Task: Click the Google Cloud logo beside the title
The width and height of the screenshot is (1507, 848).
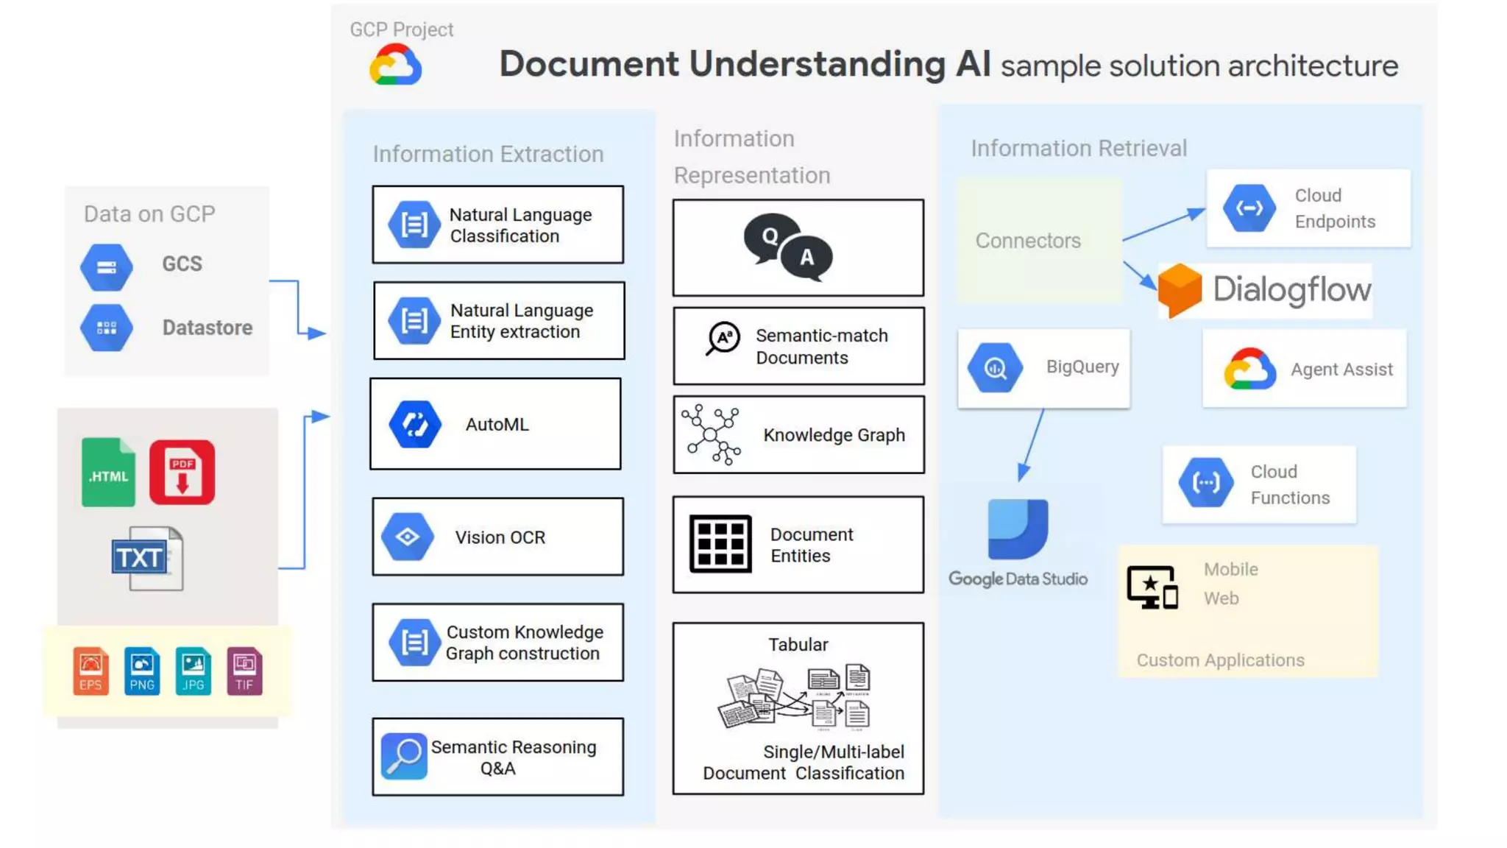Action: tap(396, 65)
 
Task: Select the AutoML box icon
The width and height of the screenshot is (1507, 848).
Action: tap(415, 425)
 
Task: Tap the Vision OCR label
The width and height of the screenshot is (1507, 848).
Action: tap(500, 537)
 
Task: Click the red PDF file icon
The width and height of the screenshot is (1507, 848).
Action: tap(182, 473)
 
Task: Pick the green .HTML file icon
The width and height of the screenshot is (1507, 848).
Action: tap(108, 473)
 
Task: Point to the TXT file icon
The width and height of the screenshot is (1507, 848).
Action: tap(147, 558)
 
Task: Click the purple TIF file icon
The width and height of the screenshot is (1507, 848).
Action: tap(244, 671)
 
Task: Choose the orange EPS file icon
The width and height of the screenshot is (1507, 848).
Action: tap(91, 671)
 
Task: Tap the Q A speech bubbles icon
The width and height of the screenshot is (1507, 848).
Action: tap(788, 247)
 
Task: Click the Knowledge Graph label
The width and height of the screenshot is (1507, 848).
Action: tap(834, 435)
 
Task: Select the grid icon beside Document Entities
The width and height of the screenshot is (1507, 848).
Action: tap(720, 544)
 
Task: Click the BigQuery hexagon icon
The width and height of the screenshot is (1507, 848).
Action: tap(995, 367)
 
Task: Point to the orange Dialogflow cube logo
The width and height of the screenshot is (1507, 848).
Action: tap(1180, 290)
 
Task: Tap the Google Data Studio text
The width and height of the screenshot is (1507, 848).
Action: tap(1018, 579)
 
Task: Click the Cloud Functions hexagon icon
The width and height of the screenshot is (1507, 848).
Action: tap(1205, 483)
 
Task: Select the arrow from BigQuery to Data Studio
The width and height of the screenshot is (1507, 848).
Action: tap(1032, 445)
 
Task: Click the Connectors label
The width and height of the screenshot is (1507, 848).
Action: tap(1028, 241)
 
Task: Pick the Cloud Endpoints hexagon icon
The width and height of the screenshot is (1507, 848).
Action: tap(1249, 208)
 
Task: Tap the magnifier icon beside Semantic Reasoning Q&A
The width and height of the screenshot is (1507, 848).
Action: tap(404, 756)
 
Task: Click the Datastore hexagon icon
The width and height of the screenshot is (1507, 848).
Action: tap(107, 328)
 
